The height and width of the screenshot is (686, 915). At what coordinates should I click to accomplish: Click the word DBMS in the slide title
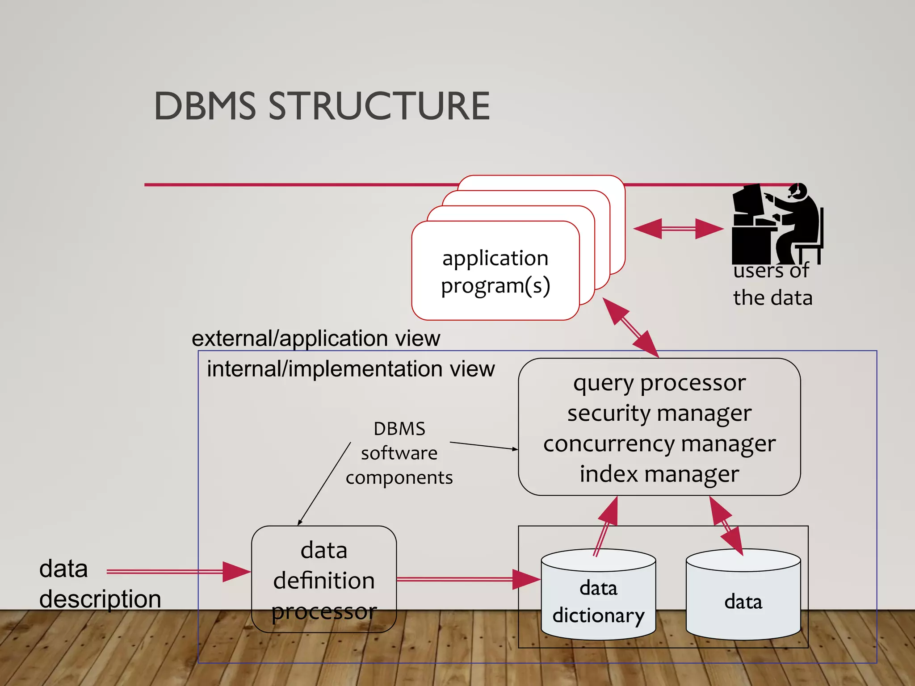tap(205, 106)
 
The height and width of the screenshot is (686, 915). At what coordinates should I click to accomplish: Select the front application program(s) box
tap(495, 271)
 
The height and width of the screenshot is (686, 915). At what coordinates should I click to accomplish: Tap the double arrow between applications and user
tap(678, 229)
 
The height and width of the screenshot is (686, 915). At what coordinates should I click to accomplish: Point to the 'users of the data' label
tap(772, 284)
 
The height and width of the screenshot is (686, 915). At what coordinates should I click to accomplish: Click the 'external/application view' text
tap(315, 338)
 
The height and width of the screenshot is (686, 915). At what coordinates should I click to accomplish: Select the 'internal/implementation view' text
tap(350, 369)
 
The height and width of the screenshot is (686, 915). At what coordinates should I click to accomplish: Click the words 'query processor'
tap(659, 383)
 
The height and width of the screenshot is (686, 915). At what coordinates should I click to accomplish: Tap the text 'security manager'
tap(659, 413)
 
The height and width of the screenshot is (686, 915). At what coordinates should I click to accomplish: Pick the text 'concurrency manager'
tap(659, 443)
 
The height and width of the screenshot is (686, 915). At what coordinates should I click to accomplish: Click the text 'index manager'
tap(659, 474)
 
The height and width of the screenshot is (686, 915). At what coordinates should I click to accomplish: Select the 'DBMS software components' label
tap(399, 453)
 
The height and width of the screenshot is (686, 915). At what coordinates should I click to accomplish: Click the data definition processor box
tap(323, 579)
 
